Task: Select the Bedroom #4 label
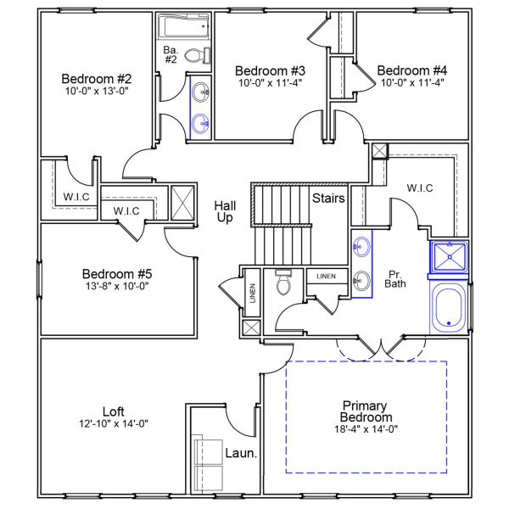coord(411,70)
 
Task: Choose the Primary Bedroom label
coord(366,411)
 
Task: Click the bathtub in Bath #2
coord(182,28)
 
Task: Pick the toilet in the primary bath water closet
coord(283,284)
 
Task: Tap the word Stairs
coord(328,199)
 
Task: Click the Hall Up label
coord(225,211)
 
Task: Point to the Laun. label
coord(241,453)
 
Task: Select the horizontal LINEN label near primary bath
coord(326,277)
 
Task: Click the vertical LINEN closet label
coord(252,293)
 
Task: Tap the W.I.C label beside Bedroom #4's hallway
coord(421,187)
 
